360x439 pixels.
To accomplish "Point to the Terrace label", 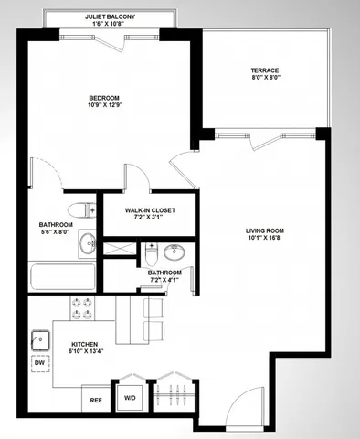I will [x=265, y=70].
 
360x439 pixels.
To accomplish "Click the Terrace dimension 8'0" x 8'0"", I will [x=265, y=79].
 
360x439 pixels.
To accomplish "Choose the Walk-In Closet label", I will [x=150, y=210].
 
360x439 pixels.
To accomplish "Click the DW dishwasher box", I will [x=39, y=363].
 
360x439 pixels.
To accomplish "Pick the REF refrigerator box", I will [x=96, y=399].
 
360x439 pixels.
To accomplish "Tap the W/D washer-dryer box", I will [x=130, y=399].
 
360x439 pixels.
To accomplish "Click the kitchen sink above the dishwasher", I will [x=40, y=339].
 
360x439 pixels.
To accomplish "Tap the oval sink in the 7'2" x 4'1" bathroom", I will [x=176, y=252].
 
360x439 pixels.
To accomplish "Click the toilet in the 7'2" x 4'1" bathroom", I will [x=153, y=249].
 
